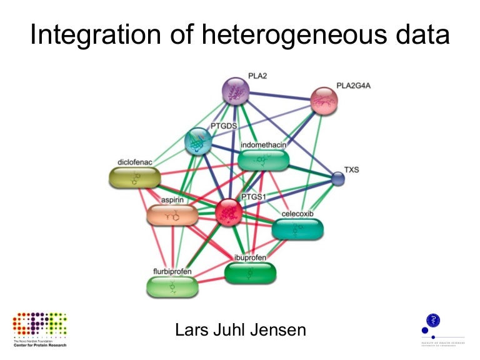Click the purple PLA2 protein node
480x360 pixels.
[236, 91]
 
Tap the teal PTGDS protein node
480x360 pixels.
[199, 141]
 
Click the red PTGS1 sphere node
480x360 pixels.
[229, 212]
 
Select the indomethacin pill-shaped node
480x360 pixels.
[263, 160]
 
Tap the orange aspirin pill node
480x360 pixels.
[172, 216]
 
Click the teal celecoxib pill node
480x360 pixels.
[298, 229]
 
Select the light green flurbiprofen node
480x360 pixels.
[172, 286]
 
